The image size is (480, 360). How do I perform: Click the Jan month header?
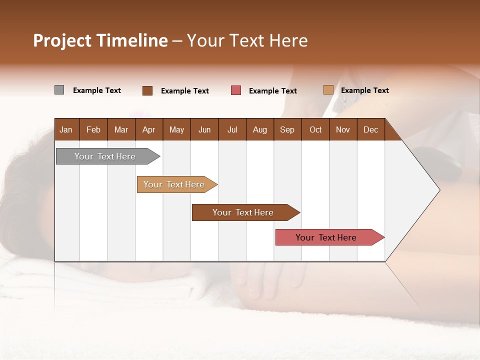coord(66,130)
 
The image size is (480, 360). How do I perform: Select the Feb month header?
coord(93,130)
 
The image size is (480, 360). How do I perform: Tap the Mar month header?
coord(121,130)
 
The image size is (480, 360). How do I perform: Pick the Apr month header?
coord(148,130)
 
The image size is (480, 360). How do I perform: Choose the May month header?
coord(176,130)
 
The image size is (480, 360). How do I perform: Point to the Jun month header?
coord(204,130)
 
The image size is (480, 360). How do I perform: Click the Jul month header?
coord(232,130)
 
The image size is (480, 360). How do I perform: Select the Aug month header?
coord(259,130)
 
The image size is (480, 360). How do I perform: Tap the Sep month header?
coord(287,130)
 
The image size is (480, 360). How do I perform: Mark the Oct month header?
coord(315,130)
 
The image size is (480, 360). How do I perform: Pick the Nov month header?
coord(343,130)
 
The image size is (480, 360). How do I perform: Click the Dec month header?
coord(370,130)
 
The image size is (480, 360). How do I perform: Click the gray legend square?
coord(59,90)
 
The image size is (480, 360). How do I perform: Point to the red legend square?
coord(236,90)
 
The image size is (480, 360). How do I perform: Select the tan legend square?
coord(328,90)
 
